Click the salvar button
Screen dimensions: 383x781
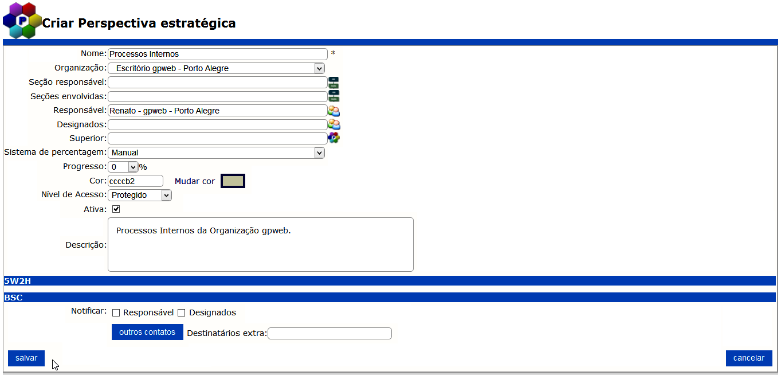click(26, 358)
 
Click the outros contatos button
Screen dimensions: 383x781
click(147, 332)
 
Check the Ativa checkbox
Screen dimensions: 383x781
click(116, 209)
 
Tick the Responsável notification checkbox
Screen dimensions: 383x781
click(116, 313)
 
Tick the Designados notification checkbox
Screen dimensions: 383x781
click(182, 313)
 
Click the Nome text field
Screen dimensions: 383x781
click(217, 54)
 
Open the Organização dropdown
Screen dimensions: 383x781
click(216, 68)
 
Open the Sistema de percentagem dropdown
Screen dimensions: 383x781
click(216, 153)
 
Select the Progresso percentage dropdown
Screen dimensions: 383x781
click(123, 167)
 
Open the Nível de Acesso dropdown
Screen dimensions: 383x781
click(140, 196)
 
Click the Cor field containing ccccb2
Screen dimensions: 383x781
click(135, 181)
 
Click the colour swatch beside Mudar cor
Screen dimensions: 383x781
click(233, 181)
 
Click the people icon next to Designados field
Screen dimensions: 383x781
click(333, 124)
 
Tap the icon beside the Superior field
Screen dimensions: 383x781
click(333, 138)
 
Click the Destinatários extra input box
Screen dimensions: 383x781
click(329, 334)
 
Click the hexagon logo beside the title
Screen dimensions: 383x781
click(22, 20)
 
